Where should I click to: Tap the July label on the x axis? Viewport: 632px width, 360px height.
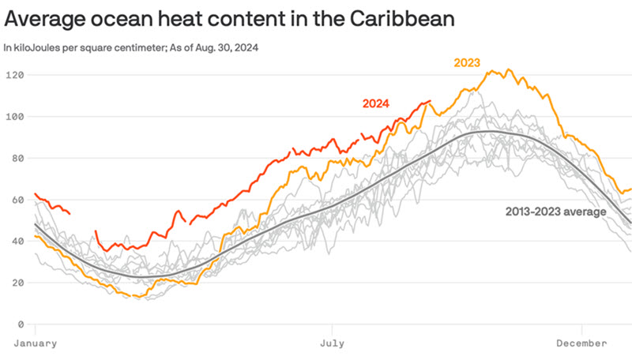(333, 343)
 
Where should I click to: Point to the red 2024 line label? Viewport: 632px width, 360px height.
(377, 103)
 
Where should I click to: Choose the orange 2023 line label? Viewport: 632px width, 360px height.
(466, 62)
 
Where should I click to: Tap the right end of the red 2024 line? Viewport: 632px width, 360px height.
(431, 101)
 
